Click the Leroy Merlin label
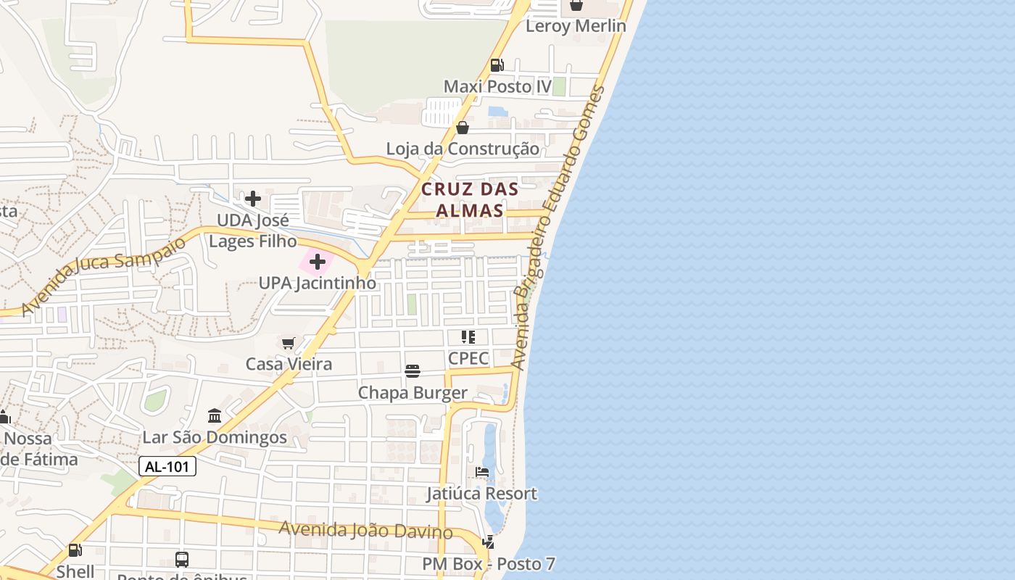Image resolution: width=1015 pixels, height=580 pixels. [575, 26]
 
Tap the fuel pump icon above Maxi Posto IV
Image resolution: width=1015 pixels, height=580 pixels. [497, 65]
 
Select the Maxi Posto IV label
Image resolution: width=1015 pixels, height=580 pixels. [497, 87]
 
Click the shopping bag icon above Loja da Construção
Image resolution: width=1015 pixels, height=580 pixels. [463, 128]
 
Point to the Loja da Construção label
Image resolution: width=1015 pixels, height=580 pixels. [463, 149]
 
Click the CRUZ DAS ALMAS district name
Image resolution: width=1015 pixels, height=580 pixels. [470, 200]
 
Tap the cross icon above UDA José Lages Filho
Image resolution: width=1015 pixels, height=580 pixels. [253, 198]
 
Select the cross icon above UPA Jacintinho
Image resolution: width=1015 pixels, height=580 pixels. [317, 262]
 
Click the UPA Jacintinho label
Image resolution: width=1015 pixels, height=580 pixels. [318, 283]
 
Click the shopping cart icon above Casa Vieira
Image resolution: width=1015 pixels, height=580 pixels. [289, 342]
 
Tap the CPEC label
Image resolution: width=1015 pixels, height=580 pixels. [468, 358]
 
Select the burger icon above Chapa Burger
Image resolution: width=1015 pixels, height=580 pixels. [413, 372]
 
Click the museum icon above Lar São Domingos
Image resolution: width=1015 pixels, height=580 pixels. [215, 416]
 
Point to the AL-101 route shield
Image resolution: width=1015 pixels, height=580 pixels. [167, 467]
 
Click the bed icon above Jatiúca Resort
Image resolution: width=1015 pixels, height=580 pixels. [481, 472]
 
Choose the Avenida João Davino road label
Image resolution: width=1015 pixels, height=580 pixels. [366, 530]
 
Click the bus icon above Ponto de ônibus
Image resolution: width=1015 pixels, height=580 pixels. [182, 560]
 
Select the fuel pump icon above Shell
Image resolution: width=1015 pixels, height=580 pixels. [75, 550]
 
